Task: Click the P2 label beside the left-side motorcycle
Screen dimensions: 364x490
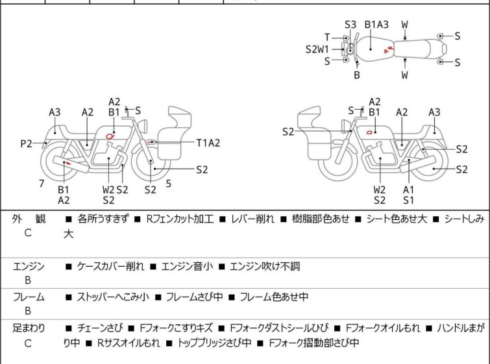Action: pos(26,143)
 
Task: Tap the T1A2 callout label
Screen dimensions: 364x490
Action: pos(208,143)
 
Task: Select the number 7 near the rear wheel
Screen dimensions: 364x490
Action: pos(42,184)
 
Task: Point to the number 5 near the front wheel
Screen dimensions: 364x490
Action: pos(168,184)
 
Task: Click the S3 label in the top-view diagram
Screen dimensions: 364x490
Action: pos(350,25)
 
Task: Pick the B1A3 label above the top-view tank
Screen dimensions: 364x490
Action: pos(376,25)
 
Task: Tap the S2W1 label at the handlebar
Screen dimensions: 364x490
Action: pos(317,49)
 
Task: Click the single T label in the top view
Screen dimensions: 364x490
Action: pos(327,37)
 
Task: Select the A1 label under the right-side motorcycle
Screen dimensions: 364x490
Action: pos(408,189)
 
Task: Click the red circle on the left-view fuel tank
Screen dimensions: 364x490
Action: pos(110,136)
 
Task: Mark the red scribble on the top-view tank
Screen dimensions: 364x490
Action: pos(388,49)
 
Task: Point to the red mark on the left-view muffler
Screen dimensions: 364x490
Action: pos(68,163)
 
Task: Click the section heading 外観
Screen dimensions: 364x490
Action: pos(29,219)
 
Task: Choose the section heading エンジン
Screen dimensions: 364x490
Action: pos(29,266)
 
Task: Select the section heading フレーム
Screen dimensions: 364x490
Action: pos(29,297)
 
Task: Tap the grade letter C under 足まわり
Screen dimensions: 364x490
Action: pos(28,343)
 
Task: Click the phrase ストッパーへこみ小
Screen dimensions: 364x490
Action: pos(113,297)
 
